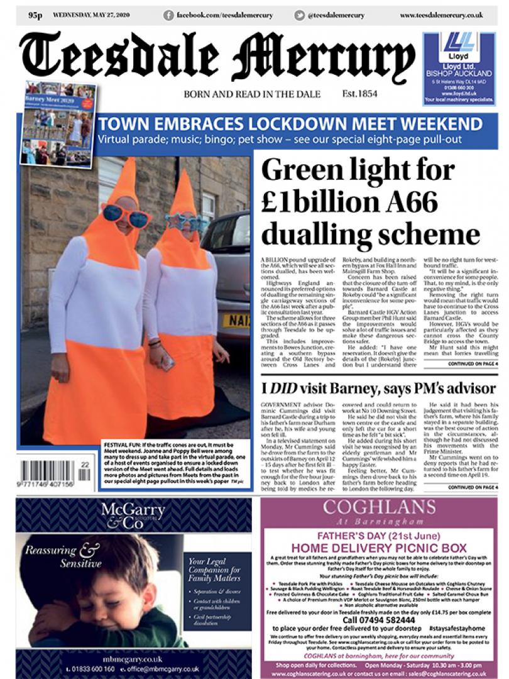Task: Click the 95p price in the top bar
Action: [35, 14]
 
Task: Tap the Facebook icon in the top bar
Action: [168, 14]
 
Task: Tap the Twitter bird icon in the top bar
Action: [300, 14]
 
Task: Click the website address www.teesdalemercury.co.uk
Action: [441, 14]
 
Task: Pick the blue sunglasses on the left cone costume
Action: [127, 216]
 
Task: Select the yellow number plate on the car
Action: [236, 321]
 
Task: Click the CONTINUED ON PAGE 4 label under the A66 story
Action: [473, 363]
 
